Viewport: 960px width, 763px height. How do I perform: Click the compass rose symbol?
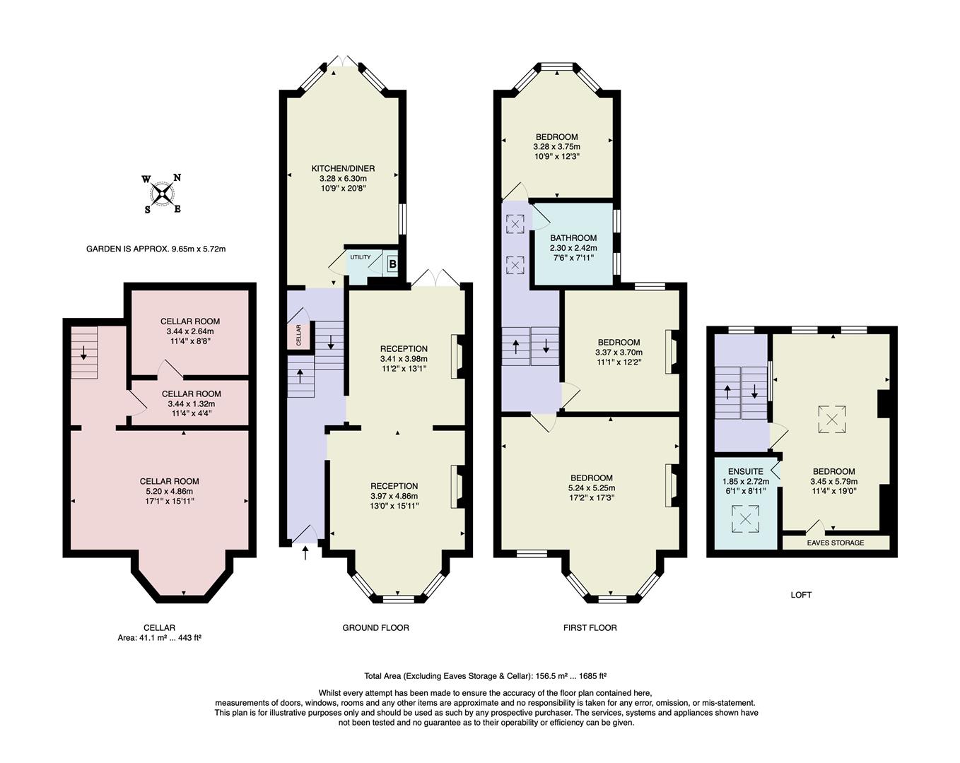[x=163, y=194]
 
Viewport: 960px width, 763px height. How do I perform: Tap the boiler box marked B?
[x=392, y=264]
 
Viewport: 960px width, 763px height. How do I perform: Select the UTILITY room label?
[x=360, y=257]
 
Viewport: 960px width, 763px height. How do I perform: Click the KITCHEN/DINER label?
[x=343, y=169]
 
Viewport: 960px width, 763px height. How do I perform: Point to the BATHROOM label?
[x=573, y=239]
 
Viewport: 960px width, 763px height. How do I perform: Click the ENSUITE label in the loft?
[x=745, y=471]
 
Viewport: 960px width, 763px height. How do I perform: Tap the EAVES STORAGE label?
[x=836, y=543]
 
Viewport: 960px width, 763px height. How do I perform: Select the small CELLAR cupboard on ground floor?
[x=298, y=334]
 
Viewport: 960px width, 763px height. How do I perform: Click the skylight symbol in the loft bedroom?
[x=832, y=419]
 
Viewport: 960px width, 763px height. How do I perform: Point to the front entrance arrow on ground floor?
[x=305, y=552]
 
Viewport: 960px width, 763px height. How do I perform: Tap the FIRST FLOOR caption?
[x=590, y=627]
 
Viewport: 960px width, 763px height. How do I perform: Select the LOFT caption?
[x=801, y=595]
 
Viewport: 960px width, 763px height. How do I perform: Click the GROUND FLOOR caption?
[x=375, y=627]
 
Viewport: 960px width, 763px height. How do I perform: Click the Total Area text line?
[x=485, y=675]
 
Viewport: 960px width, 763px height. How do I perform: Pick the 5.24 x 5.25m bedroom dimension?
[x=591, y=487]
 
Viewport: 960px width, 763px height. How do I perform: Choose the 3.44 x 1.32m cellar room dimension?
[x=191, y=403]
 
